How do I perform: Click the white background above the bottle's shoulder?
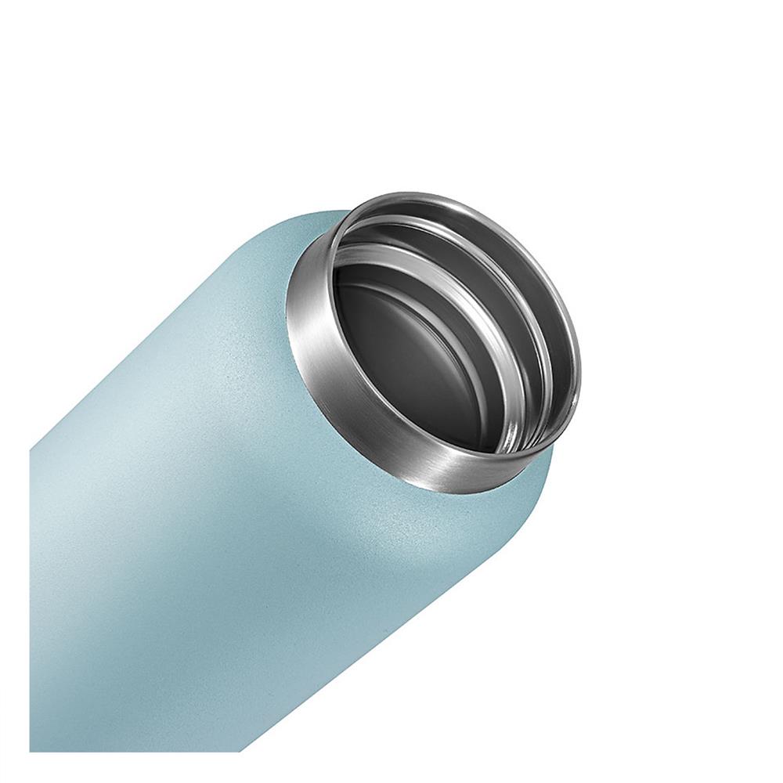point(196,157)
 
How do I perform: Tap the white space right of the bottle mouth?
point(666,352)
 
